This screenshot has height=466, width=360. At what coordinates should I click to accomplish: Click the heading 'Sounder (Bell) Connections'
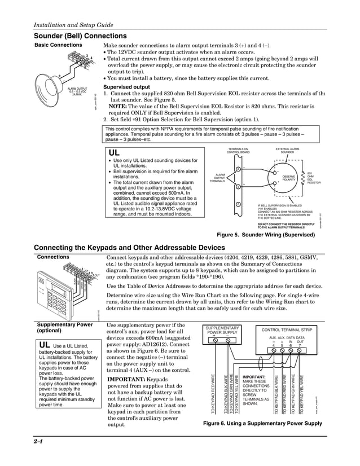(x=80, y=36)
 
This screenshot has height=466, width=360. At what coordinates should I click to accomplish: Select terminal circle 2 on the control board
(x=238, y=204)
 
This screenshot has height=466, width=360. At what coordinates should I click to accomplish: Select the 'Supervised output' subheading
(x=126, y=87)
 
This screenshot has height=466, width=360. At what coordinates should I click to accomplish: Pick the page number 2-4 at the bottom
(x=39, y=441)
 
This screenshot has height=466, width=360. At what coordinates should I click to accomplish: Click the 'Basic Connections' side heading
(x=58, y=45)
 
